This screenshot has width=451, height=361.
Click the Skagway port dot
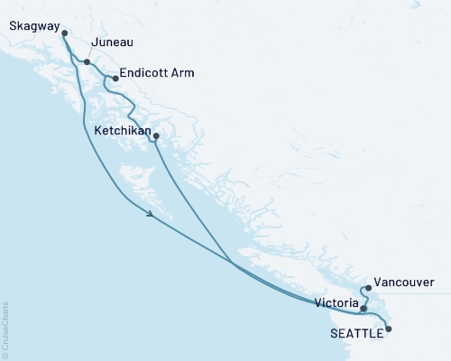(64, 33)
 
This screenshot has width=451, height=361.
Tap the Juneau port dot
(87, 62)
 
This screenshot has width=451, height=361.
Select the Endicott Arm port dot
(115, 79)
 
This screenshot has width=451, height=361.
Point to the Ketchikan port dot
(156, 137)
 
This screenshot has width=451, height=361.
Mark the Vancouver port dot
(369, 288)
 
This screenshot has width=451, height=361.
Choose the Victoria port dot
(364, 309)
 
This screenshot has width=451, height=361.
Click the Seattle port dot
(389, 329)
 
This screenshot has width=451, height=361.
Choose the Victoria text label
(334, 302)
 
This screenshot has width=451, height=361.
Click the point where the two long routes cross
(232, 263)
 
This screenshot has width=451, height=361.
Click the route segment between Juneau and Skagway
(74, 47)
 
